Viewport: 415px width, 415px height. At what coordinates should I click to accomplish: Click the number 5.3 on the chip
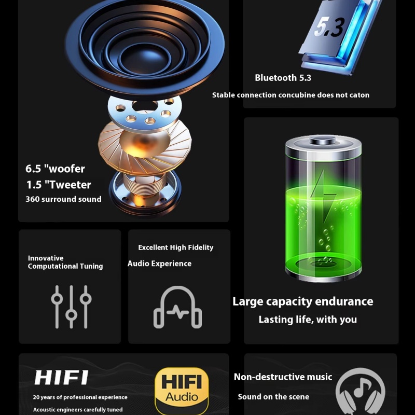[330, 27]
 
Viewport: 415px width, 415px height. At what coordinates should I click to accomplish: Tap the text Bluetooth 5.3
[283, 78]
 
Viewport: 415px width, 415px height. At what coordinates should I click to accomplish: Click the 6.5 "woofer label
[55, 169]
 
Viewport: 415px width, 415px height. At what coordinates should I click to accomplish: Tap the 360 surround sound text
[63, 199]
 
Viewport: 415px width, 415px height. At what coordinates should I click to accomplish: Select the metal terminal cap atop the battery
[323, 140]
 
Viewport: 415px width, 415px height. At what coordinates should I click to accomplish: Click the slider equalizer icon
[71, 307]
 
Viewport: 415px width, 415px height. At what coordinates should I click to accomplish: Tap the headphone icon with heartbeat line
[178, 307]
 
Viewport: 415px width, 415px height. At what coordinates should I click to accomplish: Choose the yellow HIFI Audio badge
[182, 391]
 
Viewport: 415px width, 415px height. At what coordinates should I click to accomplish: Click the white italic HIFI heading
[61, 378]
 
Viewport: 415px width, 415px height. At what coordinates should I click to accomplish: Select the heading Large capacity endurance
[303, 302]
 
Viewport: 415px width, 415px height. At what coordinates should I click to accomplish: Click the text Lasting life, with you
[308, 320]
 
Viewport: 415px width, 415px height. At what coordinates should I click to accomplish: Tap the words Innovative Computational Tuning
[65, 262]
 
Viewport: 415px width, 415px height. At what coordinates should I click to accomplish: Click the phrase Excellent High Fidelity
[176, 247]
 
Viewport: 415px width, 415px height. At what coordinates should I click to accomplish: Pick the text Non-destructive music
[283, 377]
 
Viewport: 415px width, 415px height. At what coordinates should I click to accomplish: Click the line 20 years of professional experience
[80, 397]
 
